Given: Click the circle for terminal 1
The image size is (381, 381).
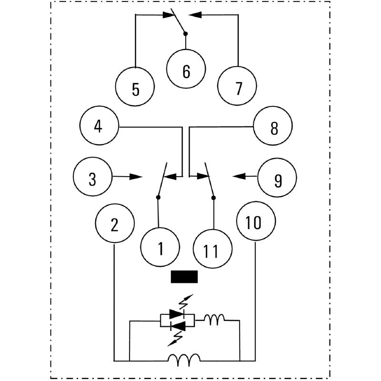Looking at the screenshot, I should [160, 248].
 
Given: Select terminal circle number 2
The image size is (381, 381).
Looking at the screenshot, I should [114, 224].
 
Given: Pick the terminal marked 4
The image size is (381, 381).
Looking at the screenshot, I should [99, 127].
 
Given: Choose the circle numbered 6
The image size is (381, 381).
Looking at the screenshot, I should [186, 71].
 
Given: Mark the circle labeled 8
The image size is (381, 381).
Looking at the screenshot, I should [273, 127].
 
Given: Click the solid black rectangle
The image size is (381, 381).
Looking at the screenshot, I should [184, 277].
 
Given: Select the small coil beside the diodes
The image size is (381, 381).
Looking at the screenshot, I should [214, 320].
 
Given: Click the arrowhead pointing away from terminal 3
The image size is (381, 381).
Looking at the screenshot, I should [137, 177].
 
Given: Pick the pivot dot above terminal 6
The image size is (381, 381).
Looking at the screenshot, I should [186, 33].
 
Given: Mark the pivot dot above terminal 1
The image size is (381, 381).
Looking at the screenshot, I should [158, 197].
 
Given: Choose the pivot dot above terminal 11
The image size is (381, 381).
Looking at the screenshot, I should [213, 197].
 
